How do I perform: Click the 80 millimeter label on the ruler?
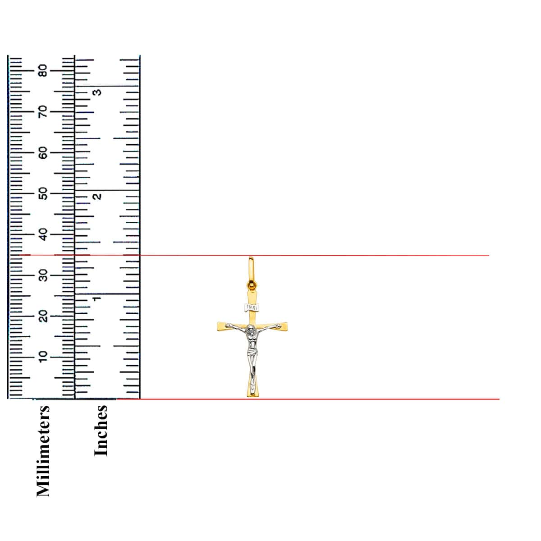(43, 71)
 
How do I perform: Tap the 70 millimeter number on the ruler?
(43, 112)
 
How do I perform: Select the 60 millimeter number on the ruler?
(43, 153)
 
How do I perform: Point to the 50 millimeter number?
(43, 194)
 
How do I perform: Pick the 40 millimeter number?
(43, 235)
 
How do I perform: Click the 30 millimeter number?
(43, 275)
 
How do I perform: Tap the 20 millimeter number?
(43, 316)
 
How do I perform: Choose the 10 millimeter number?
(43, 357)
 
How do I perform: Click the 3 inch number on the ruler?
(97, 92)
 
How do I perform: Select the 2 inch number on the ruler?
(97, 197)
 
